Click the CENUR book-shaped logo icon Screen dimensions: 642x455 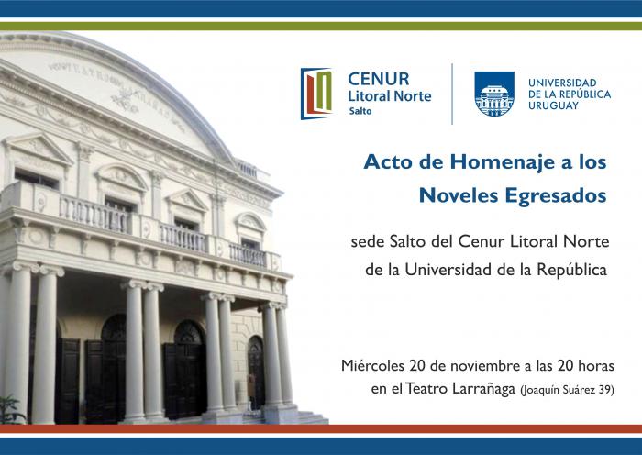coord(316,94)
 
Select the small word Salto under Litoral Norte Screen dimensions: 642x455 coord(360,111)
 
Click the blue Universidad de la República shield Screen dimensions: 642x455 coord(494,94)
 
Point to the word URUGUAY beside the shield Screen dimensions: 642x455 coord(553,105)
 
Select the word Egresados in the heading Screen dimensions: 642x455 coord(556,195)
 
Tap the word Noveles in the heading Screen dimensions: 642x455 coord(459,195)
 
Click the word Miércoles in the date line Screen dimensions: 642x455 coord(373,365)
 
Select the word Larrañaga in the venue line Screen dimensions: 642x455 coord(483,389)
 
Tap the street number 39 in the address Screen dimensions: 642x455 coord(604,390)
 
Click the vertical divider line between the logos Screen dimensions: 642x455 coord(452,94)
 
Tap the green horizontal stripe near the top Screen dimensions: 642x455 coord(321,27)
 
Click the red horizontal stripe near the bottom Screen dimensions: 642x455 coord(321,428)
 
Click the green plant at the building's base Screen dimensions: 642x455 coord(11,409)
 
